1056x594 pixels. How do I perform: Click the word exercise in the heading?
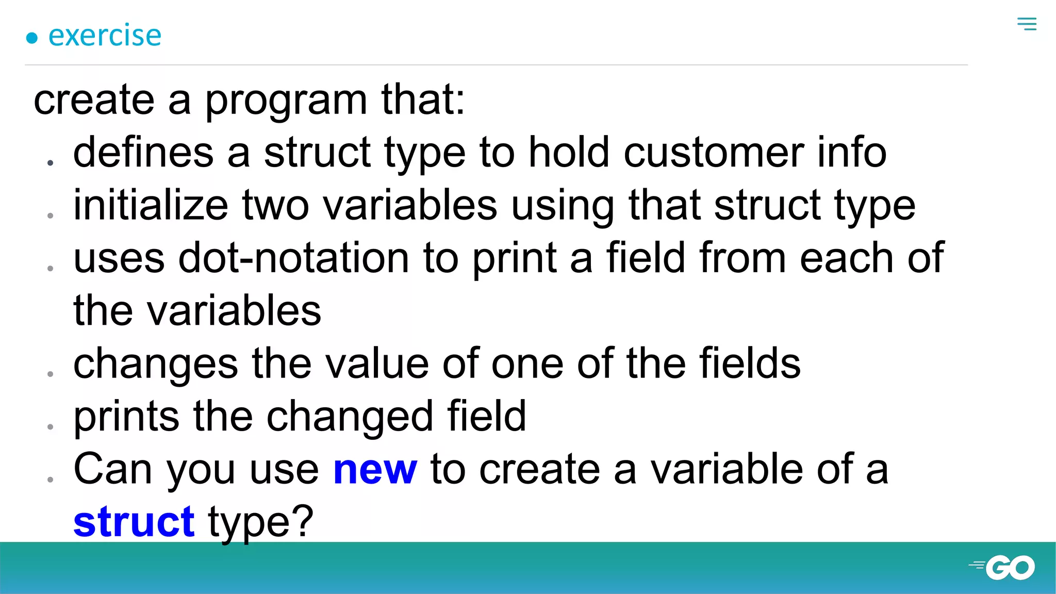[x=105, y=36]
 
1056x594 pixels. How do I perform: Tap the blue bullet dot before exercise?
[x=32, y=38]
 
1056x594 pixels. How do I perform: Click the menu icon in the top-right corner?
[x=1027, y=24]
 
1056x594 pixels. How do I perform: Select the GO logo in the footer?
[x=1003, y=567]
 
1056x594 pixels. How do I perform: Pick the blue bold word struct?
[x=134, y=522]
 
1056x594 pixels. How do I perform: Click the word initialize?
[x=151, y=205]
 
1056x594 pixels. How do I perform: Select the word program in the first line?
[x=286, y=100]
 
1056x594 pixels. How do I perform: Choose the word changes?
[x=156, y=364]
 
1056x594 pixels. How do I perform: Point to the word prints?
[x=126, y=417]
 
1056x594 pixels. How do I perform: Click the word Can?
[x=113, y=469]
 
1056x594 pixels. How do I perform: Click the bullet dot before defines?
[x=50, y=163]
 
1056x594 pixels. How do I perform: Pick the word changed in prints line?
[x=349, y=417]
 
